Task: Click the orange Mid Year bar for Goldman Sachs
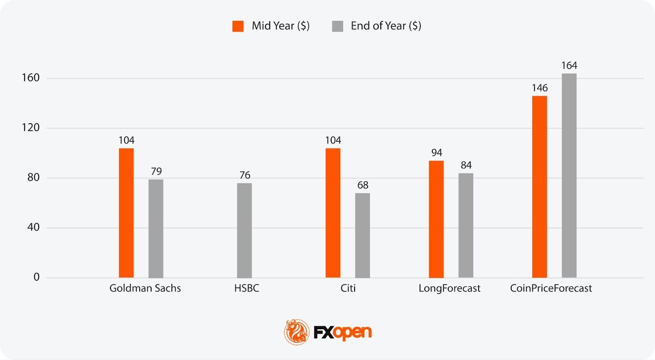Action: (126, 213)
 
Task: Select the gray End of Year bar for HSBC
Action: (244, 230)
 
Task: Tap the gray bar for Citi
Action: (362, 235)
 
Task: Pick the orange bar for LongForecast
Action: (436, 219)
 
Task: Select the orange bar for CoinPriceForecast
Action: (540, 187)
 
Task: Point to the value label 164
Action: (569, 66)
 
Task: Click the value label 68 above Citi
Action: (363, 185)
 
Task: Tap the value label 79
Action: (156, 171)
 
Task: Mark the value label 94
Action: (436, 153)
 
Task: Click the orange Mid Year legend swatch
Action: (238, 26)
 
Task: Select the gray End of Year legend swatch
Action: (337, 26)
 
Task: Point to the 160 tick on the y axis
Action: (31, 78)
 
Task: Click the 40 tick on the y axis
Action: (34, 227)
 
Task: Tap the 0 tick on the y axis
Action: (36, 277)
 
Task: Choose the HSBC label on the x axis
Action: (246, 288)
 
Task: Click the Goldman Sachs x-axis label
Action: (145, 288)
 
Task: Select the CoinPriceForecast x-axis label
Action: (551, 288)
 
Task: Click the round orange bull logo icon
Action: (297, 332)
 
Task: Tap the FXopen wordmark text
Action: (343, 333)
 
